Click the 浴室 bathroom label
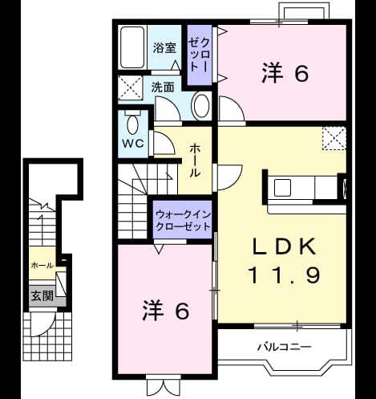[164, 47]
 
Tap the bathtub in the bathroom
[132, 47]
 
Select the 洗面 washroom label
[163, 87]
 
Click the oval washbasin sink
[202, 106]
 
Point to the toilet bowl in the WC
[133, 124]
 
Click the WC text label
[133, 144]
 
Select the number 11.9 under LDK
[285, 275]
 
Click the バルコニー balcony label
[285, 347]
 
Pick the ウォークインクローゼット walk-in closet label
[184, 221]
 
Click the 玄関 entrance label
[42, 296]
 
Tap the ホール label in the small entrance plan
[42, 266]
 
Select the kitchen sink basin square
[282, 188]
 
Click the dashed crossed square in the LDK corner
[334, 139]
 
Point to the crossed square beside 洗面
[131, 88]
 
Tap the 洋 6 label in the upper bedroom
[285, 72]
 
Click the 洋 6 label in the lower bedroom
[166, 310]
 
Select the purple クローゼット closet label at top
[199, 55]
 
